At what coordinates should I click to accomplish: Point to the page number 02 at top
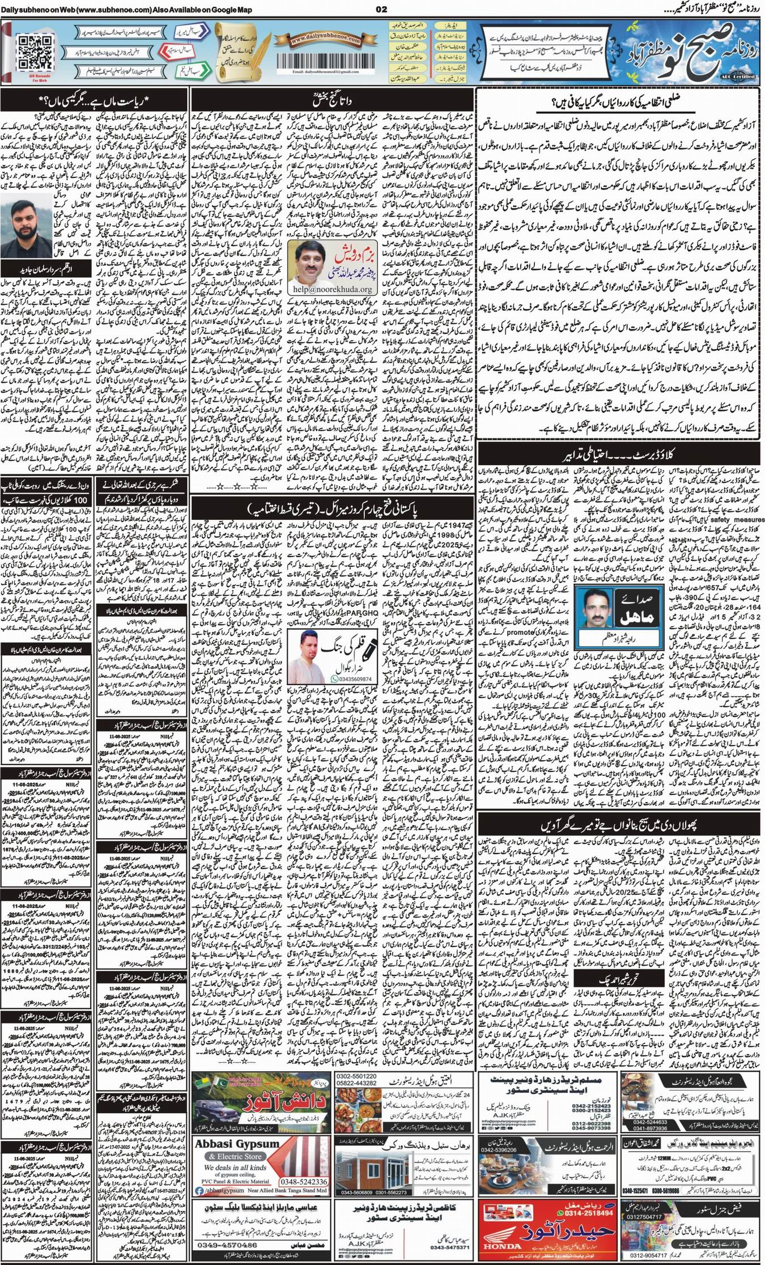[381, 8]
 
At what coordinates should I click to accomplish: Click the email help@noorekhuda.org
[325, 289]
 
